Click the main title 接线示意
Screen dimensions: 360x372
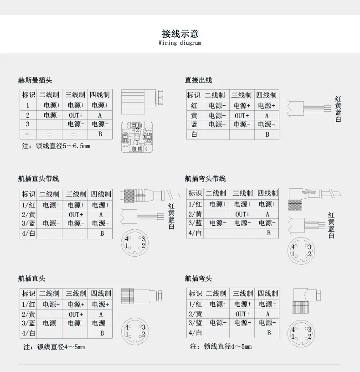[180, 34]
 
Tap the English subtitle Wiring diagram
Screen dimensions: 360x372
[180, 43]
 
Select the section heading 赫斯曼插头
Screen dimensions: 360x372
[35, 80]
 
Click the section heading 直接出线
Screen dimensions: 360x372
[198, 80]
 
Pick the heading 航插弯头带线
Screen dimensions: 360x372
[205, 179]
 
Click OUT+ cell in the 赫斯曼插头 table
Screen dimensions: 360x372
[76, 115]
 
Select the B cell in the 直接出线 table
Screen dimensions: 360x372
[267, 134]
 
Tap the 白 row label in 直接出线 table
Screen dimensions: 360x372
[194, 134]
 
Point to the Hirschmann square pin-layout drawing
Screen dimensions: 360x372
[137, 137]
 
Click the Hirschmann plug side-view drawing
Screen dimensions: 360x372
[142, 102]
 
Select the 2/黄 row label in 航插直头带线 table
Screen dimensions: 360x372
[28, 215]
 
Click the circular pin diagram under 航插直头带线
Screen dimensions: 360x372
[135, 243]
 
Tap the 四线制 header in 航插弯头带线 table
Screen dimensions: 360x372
[267, 193]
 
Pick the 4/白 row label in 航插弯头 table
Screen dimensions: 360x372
[195, 333]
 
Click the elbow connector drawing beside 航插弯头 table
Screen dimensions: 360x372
[307, 301]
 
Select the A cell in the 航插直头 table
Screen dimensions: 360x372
[101, 315]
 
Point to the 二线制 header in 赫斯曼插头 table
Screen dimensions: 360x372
[49, 95]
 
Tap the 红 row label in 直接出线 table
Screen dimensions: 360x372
[194, 106]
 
